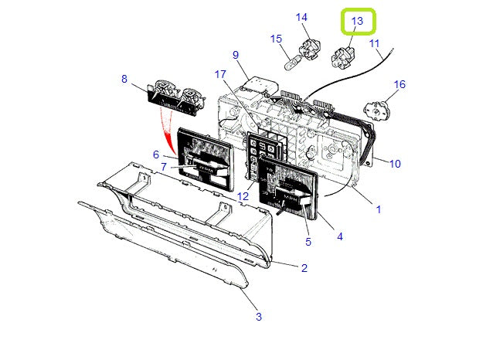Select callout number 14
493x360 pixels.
[x=301, y=17]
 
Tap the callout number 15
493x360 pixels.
[x=276, y=39]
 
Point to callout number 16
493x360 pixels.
[x=399, y=84]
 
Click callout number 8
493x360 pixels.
[x=124, y=78]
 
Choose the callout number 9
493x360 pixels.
[x=235, y=55]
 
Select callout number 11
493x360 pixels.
[x=375, y=44]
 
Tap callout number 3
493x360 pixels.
[x=258, y=317]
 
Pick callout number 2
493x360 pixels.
[x=304, y=268]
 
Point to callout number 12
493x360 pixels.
[x=243, y=197]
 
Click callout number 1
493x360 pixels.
[x=378, y=209]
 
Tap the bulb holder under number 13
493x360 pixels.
[x=342, y=55]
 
